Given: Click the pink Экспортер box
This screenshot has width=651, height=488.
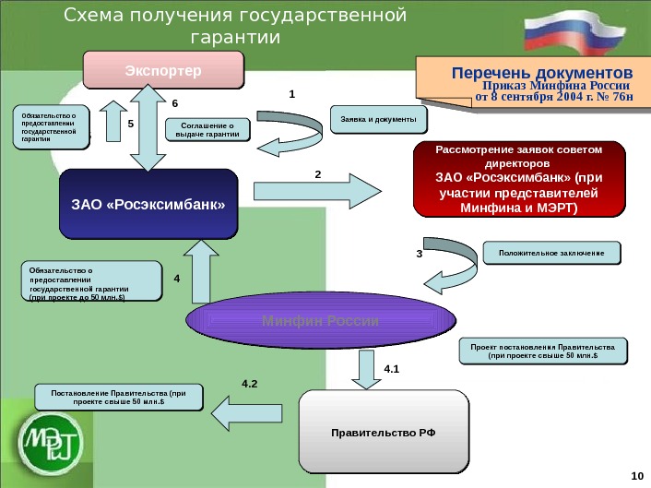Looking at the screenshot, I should tap(163, 70).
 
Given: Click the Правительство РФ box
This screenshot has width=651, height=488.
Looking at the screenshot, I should tap(385, 432).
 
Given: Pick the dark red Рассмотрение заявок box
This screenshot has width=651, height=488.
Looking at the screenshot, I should tap(517, 179).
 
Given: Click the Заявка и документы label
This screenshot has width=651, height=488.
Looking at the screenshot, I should tap(378, 119).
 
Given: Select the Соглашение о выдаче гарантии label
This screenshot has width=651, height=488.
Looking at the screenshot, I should tap(207, 130).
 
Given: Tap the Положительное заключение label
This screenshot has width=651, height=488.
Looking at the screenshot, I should tap(551, 253).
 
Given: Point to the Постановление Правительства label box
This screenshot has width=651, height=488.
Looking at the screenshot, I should tap(119, 398).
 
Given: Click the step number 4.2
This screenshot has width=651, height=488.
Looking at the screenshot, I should tap(251, 381).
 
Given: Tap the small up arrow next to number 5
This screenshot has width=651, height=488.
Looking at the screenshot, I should tap(111, 122).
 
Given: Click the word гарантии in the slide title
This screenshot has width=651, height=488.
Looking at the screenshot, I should tap(233, 38).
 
